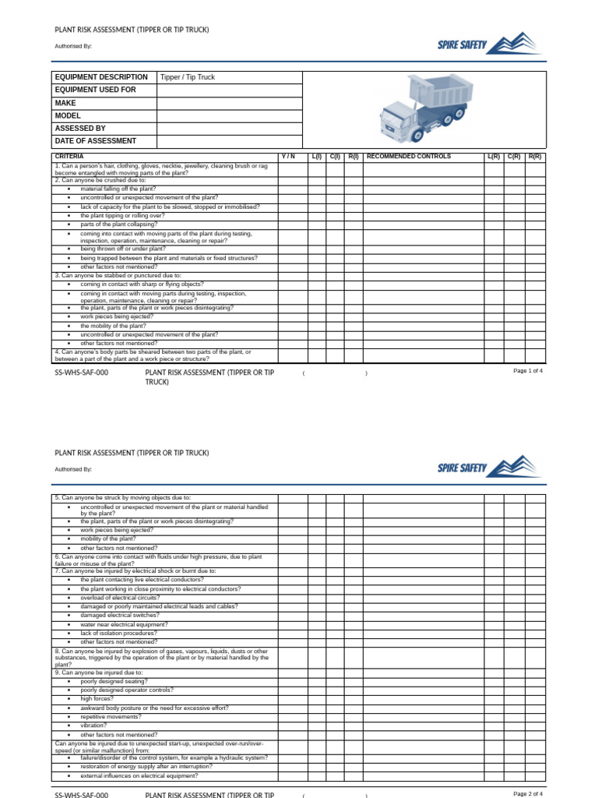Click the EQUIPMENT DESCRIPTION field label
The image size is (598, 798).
(x=101, y=77)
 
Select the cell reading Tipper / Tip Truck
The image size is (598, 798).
(x=187, y=78)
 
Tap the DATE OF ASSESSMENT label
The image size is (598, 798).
(x=96, y=141)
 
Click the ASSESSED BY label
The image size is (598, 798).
(x=80, y=129)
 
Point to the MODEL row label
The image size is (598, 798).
(x=68, y=115)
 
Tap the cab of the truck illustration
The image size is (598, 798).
(x=399, y=121)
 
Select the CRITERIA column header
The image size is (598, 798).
(x=69, y=157)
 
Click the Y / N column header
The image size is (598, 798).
(x=288, y=157)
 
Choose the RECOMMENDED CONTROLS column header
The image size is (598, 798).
(x=408, y=157)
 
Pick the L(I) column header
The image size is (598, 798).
(x=316, y=157)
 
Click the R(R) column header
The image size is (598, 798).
(x=535, y=157)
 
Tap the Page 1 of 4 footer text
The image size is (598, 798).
(x=528, y=371)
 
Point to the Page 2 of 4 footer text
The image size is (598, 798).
(x=528, y=793)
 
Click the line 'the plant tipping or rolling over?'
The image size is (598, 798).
(x=122, y=216)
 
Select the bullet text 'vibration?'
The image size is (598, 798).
(x=93, y=726)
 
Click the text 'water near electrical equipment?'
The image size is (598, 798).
(x=124, y=624)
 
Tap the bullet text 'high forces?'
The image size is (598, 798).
(x=97, y=699)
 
